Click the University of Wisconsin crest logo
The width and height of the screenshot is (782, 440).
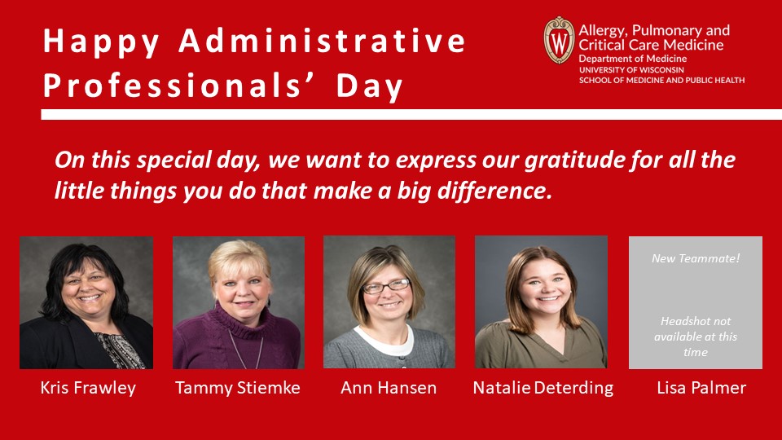pyautogui.click(x=559, y=40)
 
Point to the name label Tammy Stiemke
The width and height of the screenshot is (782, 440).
pyautogui.click(x=238, y=388)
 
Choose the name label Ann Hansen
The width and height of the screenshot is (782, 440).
pyautogui.click(x=389, y=388)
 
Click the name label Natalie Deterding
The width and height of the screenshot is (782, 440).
pyautogui.click(x=543, y=388)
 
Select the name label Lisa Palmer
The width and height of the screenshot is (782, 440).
pyautogui.click(x=701, y=388)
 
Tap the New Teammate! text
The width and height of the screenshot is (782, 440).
pyautogui.click(x=696, y=258)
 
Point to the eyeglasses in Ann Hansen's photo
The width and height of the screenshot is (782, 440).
pyautogui.click(x=386, y=286)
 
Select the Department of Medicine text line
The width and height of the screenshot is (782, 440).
pyautogui.click(x=632, y=59)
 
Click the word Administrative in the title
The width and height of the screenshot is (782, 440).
pyautogui.click(x=323, y=41)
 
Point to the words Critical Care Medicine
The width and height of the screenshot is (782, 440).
pyautogui.click(x=651, y=45)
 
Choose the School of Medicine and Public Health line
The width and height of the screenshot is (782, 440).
pyautogui.click(x=661, y=80)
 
